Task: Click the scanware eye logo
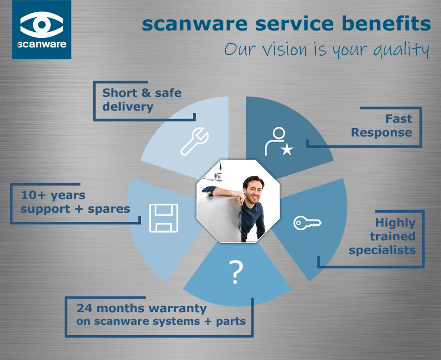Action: tap(42, 25)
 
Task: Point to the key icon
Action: tap(307, 223)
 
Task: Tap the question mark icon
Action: tap(235, 272)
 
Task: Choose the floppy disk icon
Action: tap(163, 218)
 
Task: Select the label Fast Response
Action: tap(382, 125)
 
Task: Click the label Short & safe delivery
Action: tap(142, 99)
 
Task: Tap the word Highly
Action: tap(395, 223)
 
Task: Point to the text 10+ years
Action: tap(53, 196)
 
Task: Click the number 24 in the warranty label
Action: tap(83, 308)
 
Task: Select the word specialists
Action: tap(382, 250)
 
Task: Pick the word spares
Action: tap(109, 209)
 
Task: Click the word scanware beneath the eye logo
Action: tap(42, 44)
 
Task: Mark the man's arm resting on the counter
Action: tap(224, 192)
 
